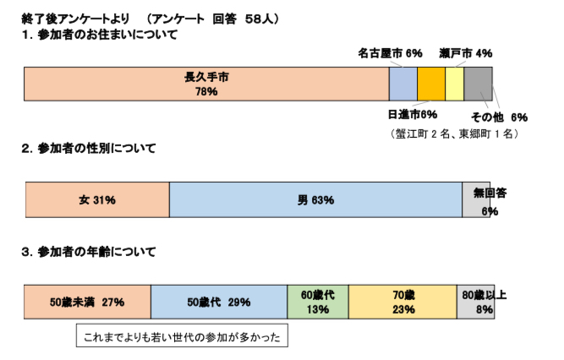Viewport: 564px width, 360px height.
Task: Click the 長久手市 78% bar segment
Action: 206,84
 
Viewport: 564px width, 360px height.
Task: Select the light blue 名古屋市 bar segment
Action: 402,84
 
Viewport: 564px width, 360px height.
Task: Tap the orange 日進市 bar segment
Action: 430,84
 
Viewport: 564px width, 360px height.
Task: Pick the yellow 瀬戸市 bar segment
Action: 454,84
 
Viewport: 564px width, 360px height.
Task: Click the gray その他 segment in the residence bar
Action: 477,84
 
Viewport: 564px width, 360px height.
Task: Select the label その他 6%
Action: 499,117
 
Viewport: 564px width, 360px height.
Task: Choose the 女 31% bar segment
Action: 97,199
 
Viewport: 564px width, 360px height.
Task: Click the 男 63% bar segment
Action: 315,199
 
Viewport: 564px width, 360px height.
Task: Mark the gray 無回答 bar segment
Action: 475,199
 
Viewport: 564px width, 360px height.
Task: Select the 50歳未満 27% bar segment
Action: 87,302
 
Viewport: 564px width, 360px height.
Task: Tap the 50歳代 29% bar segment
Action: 219,302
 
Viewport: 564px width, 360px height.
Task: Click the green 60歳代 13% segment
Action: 318,302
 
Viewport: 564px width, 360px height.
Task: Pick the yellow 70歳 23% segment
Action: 402,302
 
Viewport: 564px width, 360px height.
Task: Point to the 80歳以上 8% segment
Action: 475,302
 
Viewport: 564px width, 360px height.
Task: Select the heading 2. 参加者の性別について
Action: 89,149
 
